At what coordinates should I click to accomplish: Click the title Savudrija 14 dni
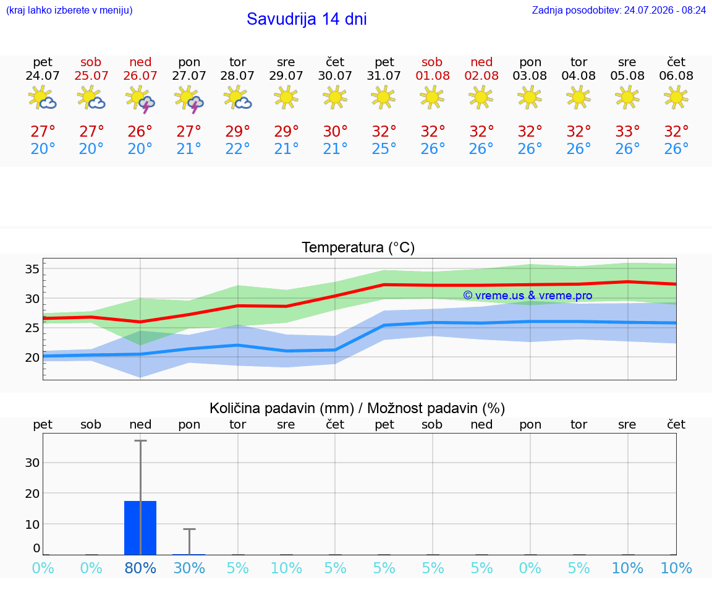pos(307,19)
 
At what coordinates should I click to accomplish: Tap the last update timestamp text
pos(619,11)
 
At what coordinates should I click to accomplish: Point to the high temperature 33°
pos(627,132)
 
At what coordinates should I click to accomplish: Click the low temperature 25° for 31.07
pos(384,148)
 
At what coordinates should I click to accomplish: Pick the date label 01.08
pos(432,76)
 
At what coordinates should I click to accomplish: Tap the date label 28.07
pos(237,76)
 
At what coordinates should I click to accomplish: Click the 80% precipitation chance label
pos(140,568)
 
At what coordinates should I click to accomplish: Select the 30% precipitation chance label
pos(189,568)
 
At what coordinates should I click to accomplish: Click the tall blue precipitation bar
pos(140,528)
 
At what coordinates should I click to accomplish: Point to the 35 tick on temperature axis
pos(32,269)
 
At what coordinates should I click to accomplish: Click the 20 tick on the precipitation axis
pos(32,494)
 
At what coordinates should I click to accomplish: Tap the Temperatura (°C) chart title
pos(358,247)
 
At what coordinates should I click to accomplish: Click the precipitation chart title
pos(357,409)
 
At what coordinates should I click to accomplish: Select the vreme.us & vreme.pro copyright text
pos(528,296)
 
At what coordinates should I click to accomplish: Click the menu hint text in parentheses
pos(69,11)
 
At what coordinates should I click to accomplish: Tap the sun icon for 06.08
pos(676,98)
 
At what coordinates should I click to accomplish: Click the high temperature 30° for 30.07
pos(335,132)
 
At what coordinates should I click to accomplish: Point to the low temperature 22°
pos(237,148)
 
